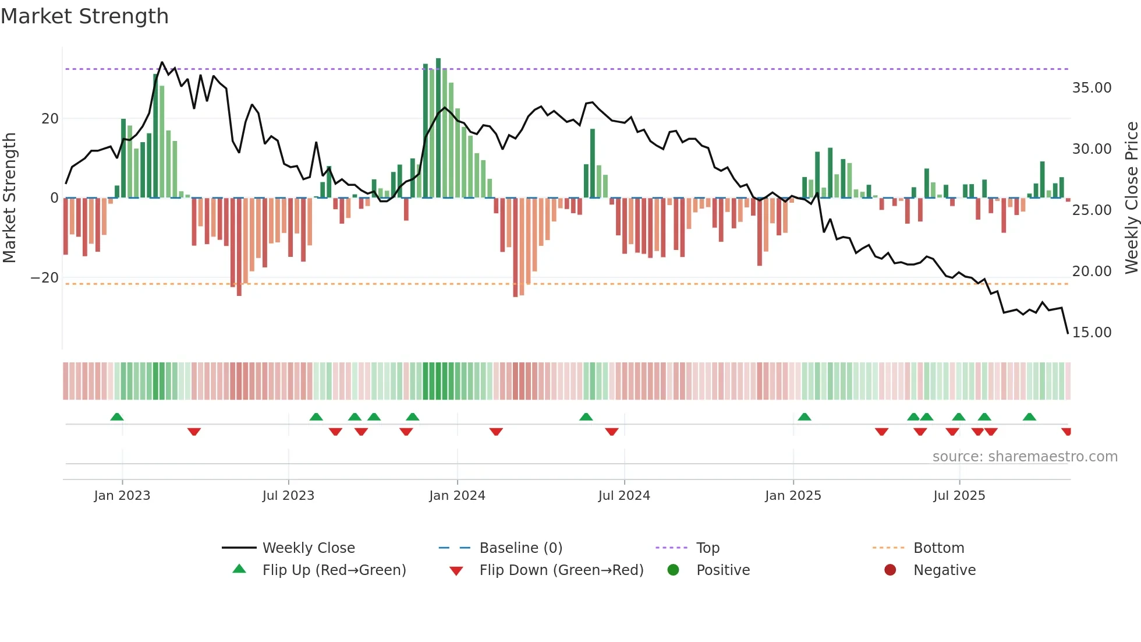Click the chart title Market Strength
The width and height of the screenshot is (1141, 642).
click(85, 16)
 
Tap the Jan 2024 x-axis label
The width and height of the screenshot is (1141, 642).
click(457, 496)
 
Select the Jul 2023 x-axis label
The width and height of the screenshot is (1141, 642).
click(288, 496)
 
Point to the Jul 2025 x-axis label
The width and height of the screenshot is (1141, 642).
click(959, 496)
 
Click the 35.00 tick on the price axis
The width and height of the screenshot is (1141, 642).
click(1092, 88)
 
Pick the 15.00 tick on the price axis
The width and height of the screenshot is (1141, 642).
click(1092, 333)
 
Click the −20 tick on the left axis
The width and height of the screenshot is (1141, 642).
click(45, 278)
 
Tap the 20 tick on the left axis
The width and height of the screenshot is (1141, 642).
click(50, 119)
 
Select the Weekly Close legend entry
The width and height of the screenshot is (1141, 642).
click(308, 548)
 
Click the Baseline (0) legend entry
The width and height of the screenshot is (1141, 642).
click(520, 548)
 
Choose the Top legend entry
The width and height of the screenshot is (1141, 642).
click(707, 548)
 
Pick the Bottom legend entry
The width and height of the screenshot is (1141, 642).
click(938, 548)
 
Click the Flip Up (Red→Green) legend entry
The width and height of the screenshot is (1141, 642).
click(334, 570)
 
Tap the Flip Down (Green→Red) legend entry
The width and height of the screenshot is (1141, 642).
click(561, 570)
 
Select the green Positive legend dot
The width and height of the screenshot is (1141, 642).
click(674, 570)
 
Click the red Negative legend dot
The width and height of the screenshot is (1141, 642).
click(890, 570)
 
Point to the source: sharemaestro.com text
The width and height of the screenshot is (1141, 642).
click(1025, 457)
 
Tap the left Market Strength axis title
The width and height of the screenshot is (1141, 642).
click(9, 198)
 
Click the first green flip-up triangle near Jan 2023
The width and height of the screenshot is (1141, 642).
click(117, 417)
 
